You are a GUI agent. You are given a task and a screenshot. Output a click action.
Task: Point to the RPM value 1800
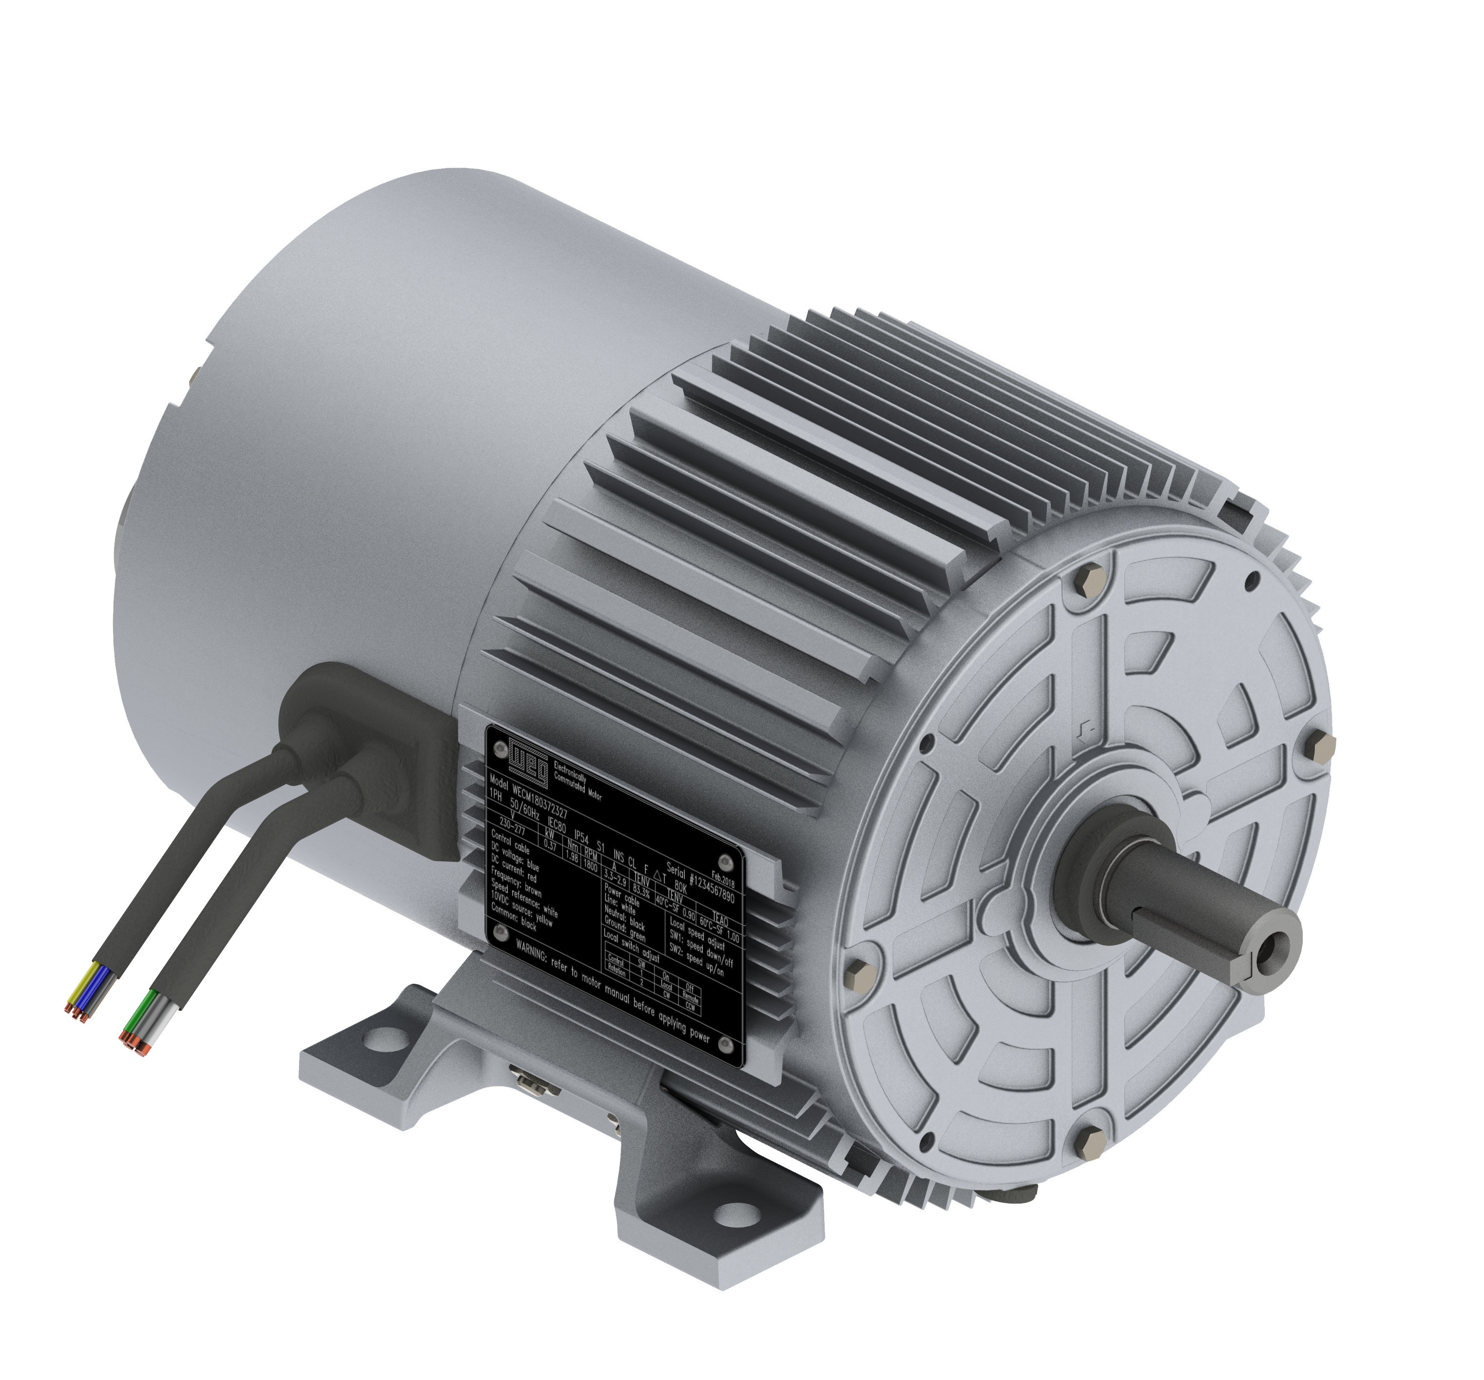[590, 866]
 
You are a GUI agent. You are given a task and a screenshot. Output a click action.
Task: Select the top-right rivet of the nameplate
[729, 862]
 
